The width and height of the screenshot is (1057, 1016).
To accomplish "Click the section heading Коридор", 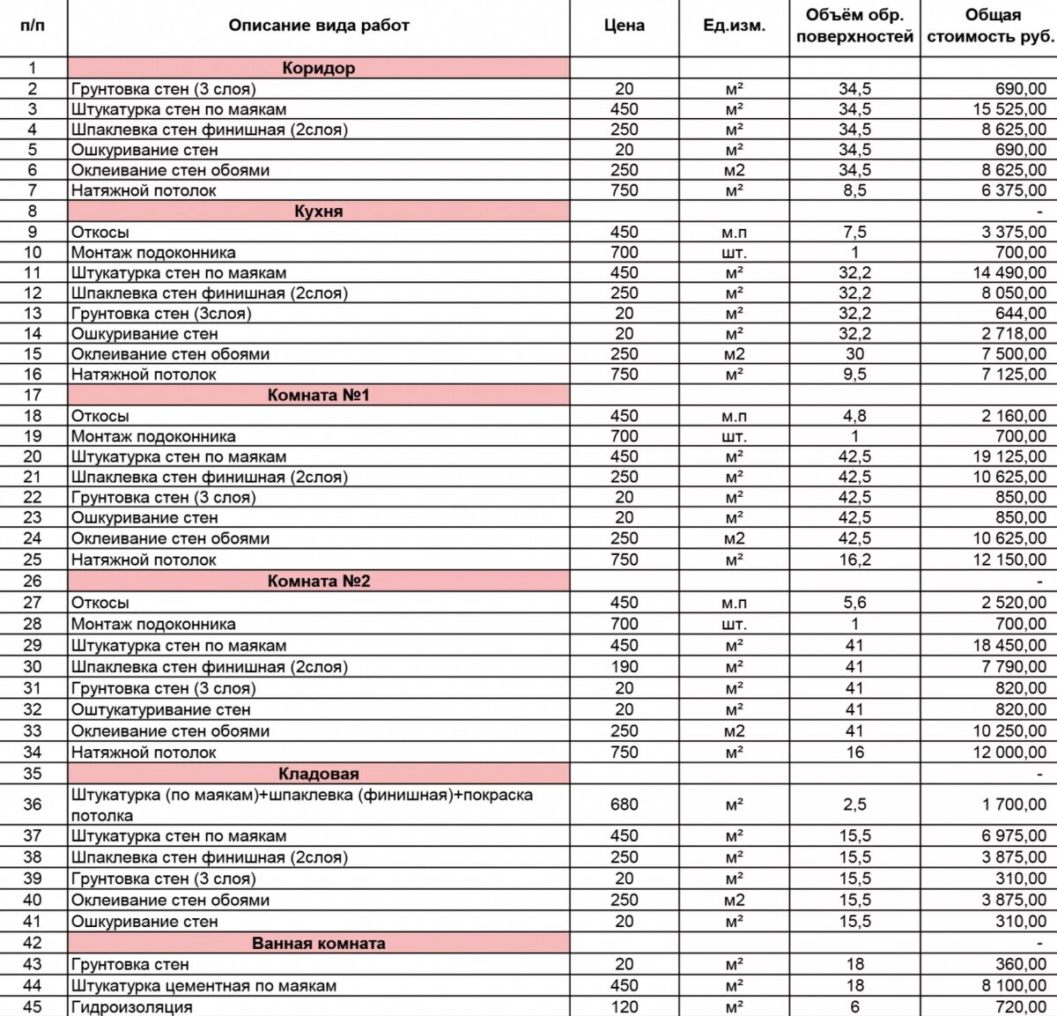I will click(x=318, y=68).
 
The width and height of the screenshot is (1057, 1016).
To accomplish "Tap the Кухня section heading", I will click(x=318, y=211).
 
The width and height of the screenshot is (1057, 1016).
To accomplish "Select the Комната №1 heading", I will click(x=318, y=395).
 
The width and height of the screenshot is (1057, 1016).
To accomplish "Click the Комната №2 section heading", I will click(x=318, y=582).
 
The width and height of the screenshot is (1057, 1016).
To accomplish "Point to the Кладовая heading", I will click(x=318, y=774).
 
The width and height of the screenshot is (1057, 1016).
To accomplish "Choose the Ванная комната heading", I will click(x=318, y=943).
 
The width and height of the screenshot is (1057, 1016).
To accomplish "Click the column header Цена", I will click(x=624, y=26).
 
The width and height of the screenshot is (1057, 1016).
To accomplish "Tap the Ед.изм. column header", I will click(x=734, y=26).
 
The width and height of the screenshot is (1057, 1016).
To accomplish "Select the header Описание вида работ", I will click(x=318, y=26).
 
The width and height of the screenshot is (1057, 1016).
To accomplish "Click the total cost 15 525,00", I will click(x=1009, y=109).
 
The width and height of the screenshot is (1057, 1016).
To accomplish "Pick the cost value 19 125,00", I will click(x=1009, y=456).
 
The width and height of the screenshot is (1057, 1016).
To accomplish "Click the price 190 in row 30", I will click(x=624, y=667).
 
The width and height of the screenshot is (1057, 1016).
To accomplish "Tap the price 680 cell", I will click(x=624, y=805).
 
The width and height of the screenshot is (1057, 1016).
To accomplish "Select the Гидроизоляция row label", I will click(x=131, y=1006).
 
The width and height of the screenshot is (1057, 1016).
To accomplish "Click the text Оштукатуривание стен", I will click(x=160, y=709).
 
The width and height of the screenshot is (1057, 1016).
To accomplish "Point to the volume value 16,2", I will click(x=854, y=560).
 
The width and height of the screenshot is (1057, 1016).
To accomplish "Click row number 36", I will click(x=33, y=805).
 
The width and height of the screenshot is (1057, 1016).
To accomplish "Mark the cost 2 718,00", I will click(x=1014, y=334).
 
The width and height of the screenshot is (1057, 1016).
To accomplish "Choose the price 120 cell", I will click(x=624, y=1006).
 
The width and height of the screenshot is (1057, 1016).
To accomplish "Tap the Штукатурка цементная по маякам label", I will click(x=203, y=985).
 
